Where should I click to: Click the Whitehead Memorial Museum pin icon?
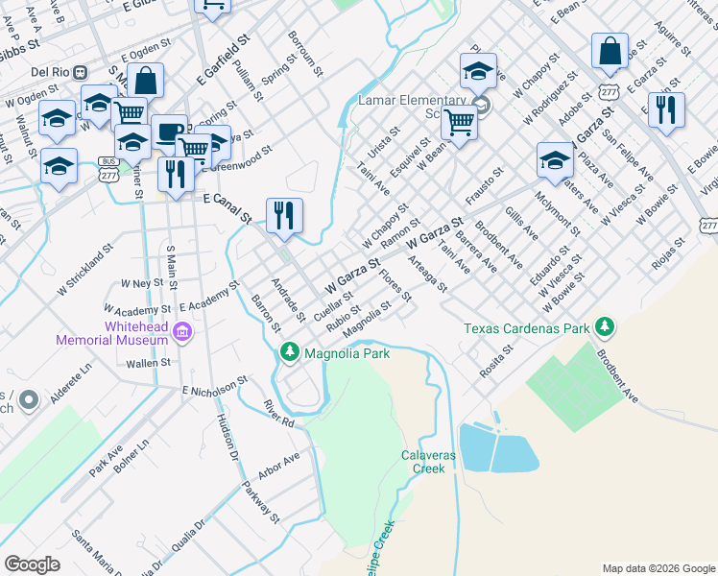click(184, 332)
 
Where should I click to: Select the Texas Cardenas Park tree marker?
click(605, 327)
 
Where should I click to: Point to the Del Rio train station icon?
click(82, 72)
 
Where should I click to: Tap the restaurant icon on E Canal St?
click(283, 215)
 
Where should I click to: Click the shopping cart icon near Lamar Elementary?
click(460, 122)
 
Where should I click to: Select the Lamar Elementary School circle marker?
click(483, 105)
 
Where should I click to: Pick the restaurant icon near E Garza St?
click(666, 109)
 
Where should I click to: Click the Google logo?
click(32, 564)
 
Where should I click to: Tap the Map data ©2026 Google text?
click(658, 567)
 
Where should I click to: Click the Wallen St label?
click(152, 363)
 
